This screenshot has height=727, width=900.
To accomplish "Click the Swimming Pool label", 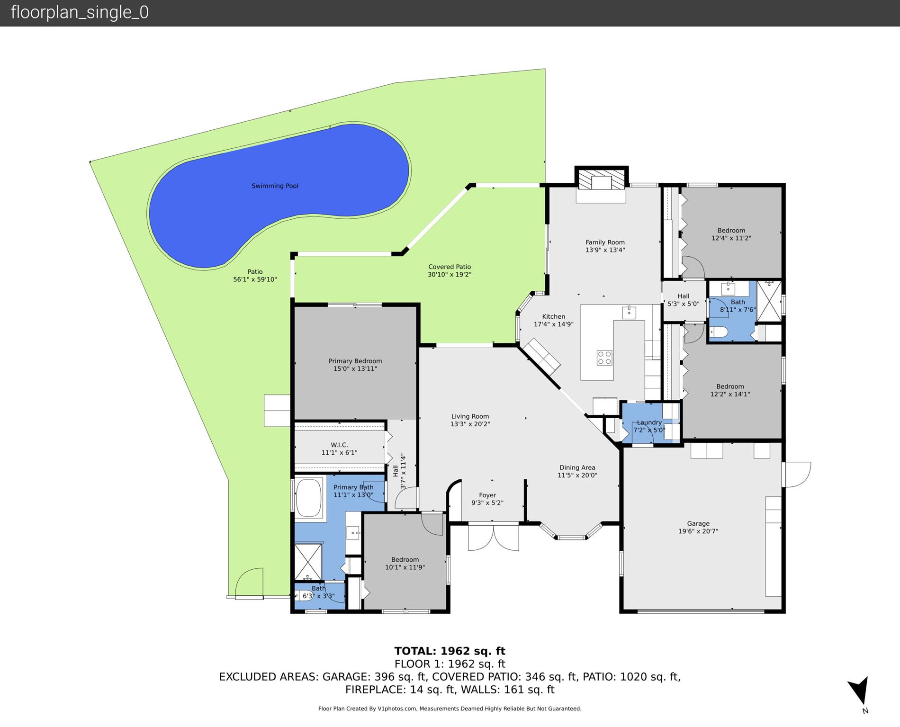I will coord(275,186).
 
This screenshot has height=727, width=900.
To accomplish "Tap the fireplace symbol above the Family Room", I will coord(601,182).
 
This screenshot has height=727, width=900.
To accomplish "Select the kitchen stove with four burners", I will coord(604,357).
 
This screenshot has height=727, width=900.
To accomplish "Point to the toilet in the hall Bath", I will coord(719,332).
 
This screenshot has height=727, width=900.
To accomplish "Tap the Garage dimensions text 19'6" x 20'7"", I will coord(698,531).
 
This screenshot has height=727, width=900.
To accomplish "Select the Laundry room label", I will coord(649,422).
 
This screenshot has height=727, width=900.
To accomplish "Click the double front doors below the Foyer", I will coord(493,537).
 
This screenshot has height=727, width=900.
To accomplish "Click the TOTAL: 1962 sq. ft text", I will coord(450,651).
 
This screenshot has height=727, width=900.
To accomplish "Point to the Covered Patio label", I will coord(450,267).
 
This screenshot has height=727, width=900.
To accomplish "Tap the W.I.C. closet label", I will coord(339,445).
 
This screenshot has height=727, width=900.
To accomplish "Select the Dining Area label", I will coord(577,467).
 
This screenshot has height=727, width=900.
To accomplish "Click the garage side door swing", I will coord(797,474).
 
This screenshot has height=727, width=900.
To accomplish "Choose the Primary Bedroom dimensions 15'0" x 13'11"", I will coord(355,369).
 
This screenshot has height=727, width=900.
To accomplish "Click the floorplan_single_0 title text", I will coord(80,12).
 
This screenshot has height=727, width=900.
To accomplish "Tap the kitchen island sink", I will coord(629,313).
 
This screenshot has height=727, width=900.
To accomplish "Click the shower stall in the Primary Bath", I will coord(308,562).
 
